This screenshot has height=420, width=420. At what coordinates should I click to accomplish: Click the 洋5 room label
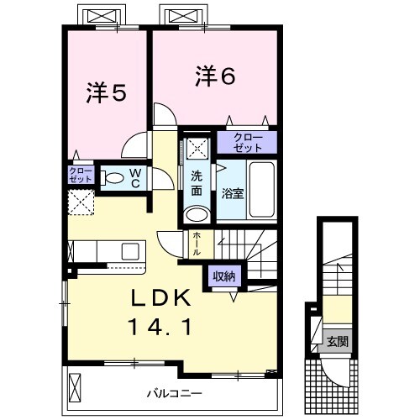106,93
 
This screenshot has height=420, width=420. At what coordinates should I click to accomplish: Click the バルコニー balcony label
175,391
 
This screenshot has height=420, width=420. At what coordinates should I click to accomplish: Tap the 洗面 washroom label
197,184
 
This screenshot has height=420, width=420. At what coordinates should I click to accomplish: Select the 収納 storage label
223,276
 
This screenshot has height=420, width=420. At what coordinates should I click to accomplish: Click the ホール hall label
197,243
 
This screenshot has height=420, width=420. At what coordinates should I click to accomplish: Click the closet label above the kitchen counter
81,249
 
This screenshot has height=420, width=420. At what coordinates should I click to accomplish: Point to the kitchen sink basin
131,251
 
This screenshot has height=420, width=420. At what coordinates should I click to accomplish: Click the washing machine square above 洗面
198,148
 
